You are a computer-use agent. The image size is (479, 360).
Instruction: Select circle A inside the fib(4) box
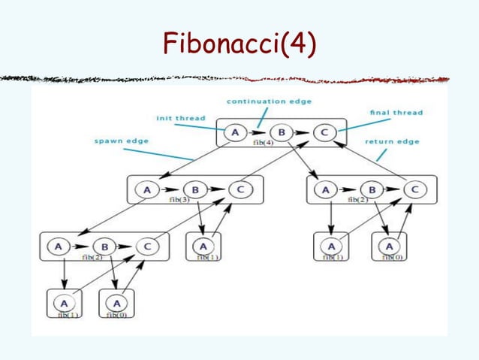pos(236,133)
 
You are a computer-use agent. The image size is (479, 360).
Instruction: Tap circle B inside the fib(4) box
pos(281,133)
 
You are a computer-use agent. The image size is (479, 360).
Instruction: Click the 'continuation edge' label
pos(269,101)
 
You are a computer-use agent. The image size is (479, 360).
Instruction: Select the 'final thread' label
pos(396,113)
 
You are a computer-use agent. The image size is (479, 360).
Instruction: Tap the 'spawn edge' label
pos(122,140)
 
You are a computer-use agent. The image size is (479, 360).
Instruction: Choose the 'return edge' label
pos(392,141)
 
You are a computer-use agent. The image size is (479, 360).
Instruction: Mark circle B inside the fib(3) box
pos(195,190)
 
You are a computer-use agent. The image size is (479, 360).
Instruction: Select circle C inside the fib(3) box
pos(239,190)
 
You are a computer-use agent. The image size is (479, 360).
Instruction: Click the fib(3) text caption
pos(197,201)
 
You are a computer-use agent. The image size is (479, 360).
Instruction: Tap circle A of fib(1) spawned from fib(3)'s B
pos(203,245)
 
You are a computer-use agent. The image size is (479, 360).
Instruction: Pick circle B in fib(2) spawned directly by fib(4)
pos(370,190)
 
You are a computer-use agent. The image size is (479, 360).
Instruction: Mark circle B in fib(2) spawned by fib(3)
pos(106,246)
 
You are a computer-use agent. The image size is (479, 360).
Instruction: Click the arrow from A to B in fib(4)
pos(258,133)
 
